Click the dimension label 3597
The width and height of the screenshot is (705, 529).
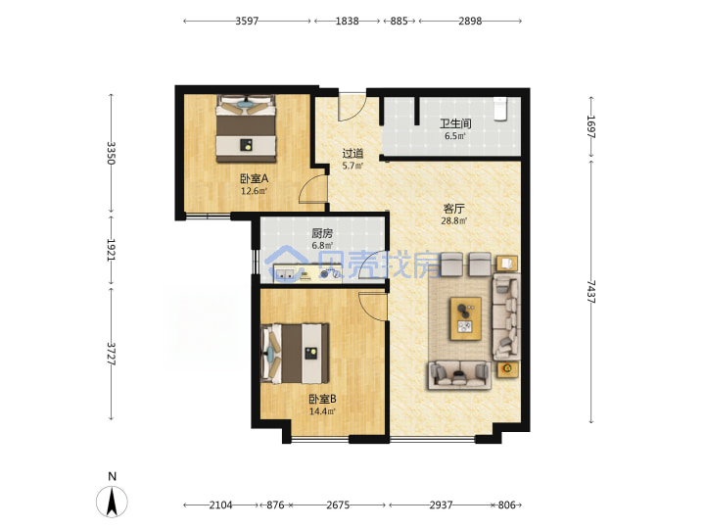[247, 22]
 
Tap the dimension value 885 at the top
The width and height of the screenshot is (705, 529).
[399, 22]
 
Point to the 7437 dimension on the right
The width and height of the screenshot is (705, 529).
[590, 292]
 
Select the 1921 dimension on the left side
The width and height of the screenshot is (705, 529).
[111, 250]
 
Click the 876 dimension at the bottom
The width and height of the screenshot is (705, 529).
[275, 505]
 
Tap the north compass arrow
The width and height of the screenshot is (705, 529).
[112, 501]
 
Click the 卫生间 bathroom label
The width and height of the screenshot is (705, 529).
[455, 123]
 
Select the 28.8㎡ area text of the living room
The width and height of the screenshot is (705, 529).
[454, 220]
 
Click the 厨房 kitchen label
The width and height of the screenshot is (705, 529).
[322, 233]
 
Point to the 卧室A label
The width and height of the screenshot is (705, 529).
[254, 178]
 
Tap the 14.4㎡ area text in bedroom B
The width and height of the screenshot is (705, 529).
[322, 411]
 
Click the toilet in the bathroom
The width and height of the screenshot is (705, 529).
[500, 109]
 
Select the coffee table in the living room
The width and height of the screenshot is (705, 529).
[466, 318]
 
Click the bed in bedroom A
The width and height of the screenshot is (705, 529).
[246, 129]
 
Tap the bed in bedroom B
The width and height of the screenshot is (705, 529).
[296, 353]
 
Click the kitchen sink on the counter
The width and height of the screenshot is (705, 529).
[286, 273]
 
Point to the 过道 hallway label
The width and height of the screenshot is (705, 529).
[352, 154]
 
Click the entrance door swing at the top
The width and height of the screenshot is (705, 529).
[352, 107]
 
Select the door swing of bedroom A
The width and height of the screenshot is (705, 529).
[313, 189]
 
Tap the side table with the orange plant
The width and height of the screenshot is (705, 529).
[507, 369]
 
